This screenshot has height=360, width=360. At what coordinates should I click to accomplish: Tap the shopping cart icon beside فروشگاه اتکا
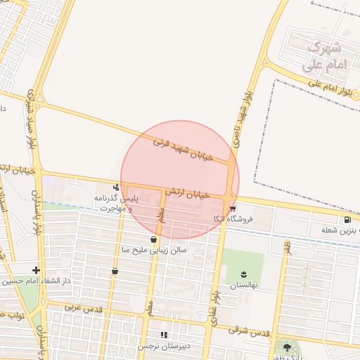click(233, 209)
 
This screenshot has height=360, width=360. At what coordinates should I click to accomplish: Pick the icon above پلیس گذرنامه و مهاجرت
click(115, 187)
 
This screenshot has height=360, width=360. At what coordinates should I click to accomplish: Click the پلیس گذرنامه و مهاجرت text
click(118, 204)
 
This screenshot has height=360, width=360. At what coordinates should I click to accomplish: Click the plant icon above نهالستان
click(244, 273)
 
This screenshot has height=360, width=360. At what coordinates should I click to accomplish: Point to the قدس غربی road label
click(84, 308)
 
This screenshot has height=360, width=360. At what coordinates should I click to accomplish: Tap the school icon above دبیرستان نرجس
click(163, 335)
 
